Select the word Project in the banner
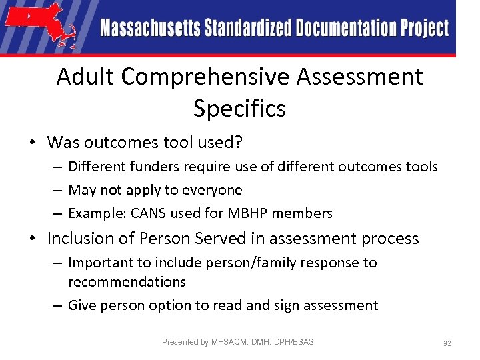425,29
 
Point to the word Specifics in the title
239,108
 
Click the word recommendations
127,282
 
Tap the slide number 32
447,343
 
